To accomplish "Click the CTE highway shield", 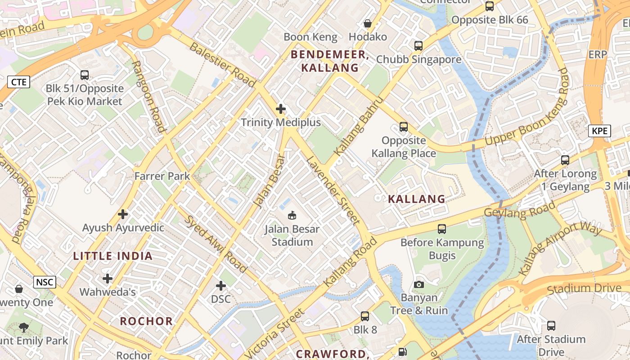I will pos(19,82).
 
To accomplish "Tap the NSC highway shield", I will pos(45,282).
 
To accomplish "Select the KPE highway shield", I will pos(599,131).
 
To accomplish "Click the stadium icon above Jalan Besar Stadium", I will pos(292,215).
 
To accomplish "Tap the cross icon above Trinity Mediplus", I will pos(281,109).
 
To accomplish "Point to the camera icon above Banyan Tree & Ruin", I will pos(418,284).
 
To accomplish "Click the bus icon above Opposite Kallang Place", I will pos(403,127).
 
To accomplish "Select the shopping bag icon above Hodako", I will pos(368,23).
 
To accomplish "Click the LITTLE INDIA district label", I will pos(113,256).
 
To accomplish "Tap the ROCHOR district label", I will pos(146,321).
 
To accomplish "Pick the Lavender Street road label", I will pos(333,190).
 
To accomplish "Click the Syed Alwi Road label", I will pos(216,244).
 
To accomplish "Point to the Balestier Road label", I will pos(222,64).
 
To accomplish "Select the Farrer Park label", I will pos(162,176).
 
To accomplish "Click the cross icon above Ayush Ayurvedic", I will pos(123,214).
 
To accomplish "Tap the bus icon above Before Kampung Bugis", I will pos(442,229).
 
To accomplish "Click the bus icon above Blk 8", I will pos(365,316).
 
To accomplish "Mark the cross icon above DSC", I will pos(221,286).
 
